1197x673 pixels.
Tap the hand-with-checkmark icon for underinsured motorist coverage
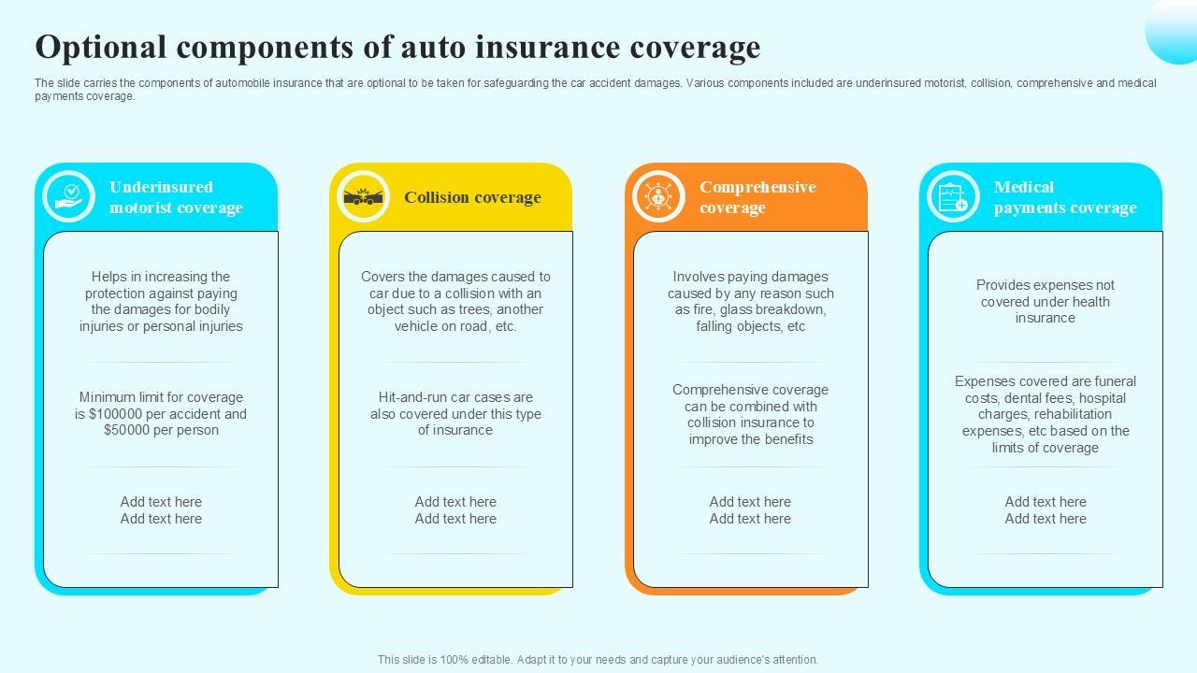[69, 196]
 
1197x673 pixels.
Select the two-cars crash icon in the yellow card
[363, 197]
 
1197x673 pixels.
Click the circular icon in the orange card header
[658, 197]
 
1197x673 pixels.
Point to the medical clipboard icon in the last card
[953, 197]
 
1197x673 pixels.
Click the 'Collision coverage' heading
[472, 197]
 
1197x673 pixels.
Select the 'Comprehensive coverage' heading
[757, 197]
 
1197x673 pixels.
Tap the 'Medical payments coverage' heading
[1065, 197]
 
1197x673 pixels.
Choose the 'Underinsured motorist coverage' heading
[176, 197]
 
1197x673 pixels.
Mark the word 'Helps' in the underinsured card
[108, 277]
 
